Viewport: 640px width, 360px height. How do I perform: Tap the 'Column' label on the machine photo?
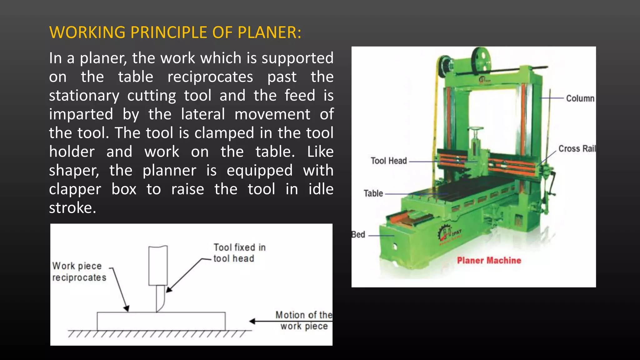580,98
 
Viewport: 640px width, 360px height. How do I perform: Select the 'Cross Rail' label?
577,149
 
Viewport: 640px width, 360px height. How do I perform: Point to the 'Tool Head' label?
389,161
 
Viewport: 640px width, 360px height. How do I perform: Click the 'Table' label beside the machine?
373,193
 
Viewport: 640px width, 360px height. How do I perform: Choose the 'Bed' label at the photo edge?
358,235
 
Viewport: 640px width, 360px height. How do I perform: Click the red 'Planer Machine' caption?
489,261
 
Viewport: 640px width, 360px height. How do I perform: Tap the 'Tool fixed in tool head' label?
239,253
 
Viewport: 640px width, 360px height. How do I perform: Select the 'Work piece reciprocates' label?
79,272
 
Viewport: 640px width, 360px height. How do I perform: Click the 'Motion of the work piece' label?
303,320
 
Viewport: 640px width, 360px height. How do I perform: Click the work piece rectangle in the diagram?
161,321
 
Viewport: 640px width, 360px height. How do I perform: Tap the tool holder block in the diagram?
158,266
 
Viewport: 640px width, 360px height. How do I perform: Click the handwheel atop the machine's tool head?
475,129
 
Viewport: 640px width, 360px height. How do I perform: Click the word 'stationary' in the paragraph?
84,96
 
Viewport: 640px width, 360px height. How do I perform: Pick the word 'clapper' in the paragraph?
75,189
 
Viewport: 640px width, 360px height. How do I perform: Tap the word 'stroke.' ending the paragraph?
72,208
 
